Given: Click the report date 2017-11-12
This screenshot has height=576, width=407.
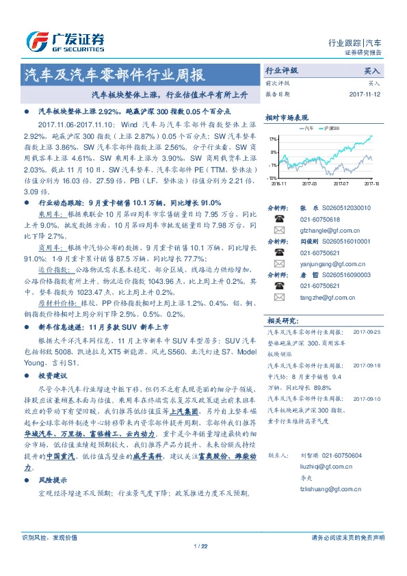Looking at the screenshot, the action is coord(366,94).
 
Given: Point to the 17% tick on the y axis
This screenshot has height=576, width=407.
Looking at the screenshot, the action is coord(272,139).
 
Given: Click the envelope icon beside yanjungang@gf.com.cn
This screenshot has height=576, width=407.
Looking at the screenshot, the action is coord(278,263).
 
